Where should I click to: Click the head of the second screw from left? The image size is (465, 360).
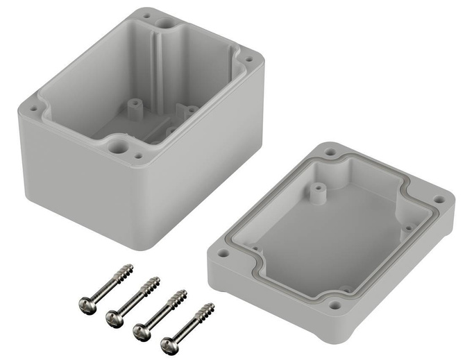[113, 317]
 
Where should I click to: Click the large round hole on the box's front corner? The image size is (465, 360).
[117, 146]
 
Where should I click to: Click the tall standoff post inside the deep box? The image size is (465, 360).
[133, 105]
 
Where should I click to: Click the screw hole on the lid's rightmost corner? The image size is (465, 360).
[439, 200]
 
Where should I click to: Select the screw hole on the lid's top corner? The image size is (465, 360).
[331, 151]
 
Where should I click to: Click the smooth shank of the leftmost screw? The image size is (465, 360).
[104, 290]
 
